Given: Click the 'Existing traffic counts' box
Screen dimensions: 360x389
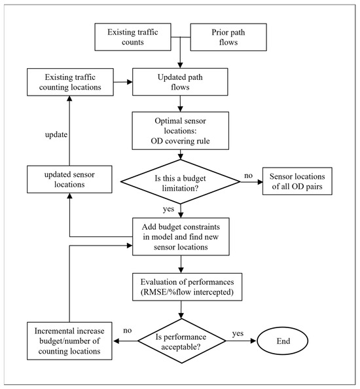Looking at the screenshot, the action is [133, 37].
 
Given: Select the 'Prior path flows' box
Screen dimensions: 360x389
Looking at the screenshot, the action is [228, 37].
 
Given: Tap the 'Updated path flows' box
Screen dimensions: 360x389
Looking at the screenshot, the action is [180, 82].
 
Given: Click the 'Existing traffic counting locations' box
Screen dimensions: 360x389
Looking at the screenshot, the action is [70, 82].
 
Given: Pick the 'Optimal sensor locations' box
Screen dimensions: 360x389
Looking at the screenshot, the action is [180, 131].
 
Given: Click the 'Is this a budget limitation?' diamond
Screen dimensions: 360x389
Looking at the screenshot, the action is [180, 182].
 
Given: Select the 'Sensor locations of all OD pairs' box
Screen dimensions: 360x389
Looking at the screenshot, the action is [297, 181].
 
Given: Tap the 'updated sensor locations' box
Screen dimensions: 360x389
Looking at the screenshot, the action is [69, 179].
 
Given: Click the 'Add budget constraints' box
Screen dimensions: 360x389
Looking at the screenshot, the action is [181, 236].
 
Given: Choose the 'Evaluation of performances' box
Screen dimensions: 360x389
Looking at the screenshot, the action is [187, 287].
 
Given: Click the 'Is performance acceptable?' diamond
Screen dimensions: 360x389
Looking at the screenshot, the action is [181, 341].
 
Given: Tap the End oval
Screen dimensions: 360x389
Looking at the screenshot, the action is [282, 341].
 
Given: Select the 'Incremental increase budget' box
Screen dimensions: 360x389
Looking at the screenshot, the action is [69, 341].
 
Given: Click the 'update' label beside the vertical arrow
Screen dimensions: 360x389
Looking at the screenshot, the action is [56, 135].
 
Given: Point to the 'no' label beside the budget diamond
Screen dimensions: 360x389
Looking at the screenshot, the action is [249, 176].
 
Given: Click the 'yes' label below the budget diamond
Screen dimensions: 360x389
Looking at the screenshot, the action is [169, 209].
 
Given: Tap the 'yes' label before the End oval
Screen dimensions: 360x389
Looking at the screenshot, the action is [238, 334].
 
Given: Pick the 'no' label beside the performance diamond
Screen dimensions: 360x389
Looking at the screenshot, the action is [128, 331].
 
